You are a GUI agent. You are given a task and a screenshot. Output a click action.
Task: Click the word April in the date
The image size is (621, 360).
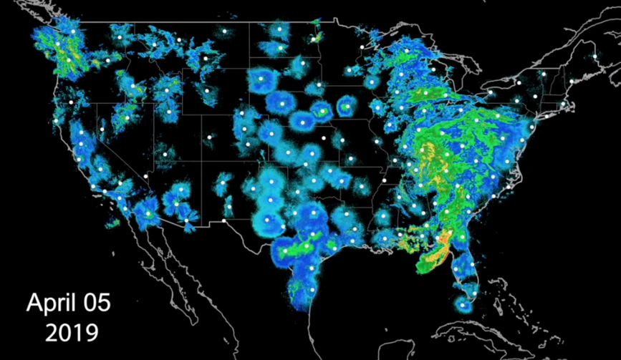(x=51, y=303)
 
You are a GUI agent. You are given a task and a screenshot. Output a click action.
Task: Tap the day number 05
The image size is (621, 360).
(x=95, y=303)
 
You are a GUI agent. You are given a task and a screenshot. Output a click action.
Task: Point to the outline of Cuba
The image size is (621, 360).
(x=501, y=336)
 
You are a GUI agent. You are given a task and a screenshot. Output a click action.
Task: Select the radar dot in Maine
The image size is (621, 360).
(x=594, y=56)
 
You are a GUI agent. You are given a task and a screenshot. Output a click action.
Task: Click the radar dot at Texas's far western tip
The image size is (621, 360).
(x=224, y=221)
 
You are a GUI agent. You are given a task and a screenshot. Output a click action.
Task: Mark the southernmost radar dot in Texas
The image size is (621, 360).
(x=313, y=290)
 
